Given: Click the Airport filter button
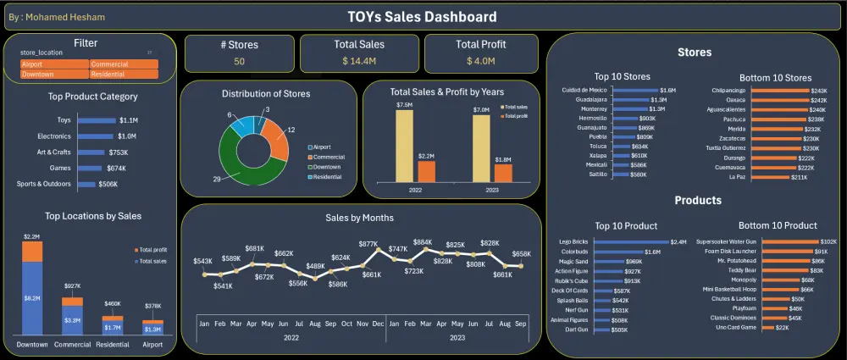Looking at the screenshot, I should point(54,64).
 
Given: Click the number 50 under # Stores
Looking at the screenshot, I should point(240,61).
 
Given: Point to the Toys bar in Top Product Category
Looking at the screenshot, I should point(97,120).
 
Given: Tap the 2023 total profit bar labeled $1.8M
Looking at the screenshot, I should point(503,172).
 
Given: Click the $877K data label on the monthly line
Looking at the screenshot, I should point(368,244).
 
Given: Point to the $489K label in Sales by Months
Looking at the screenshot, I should point(315,267).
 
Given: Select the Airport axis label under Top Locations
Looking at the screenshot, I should point(153,346).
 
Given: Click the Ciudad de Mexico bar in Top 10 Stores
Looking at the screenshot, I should point(633,90).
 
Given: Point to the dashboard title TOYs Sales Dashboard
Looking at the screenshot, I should point(423,17).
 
